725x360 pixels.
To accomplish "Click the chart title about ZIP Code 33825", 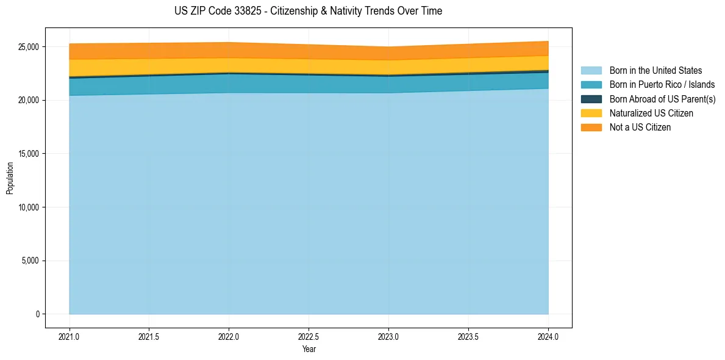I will click(308, 11).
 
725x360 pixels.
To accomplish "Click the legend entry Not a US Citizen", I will click(640, 128).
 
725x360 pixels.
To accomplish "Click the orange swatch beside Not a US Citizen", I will click(591, 128).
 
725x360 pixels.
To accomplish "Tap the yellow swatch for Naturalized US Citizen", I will click(591, 113).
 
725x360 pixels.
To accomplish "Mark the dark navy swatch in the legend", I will click(591, 99).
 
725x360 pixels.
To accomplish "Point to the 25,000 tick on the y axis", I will click(27, 47).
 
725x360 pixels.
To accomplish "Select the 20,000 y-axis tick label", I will click(27, 100).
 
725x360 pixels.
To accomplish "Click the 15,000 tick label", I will click(27, 154).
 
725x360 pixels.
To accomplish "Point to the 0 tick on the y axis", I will click(37, 314).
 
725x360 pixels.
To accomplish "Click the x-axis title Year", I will click(309, 349).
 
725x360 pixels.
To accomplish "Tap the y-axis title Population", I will click(10, 178).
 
